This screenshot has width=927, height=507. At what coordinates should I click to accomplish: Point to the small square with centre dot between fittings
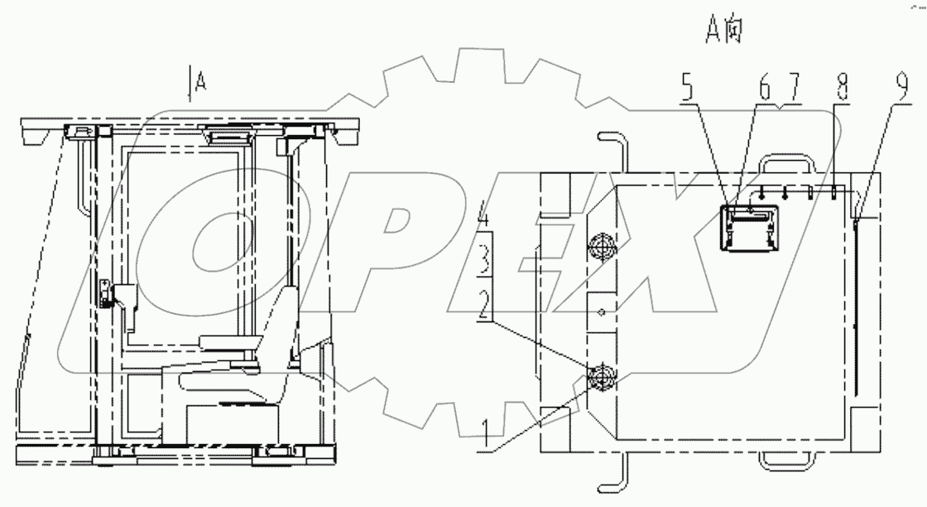point(602,311)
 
